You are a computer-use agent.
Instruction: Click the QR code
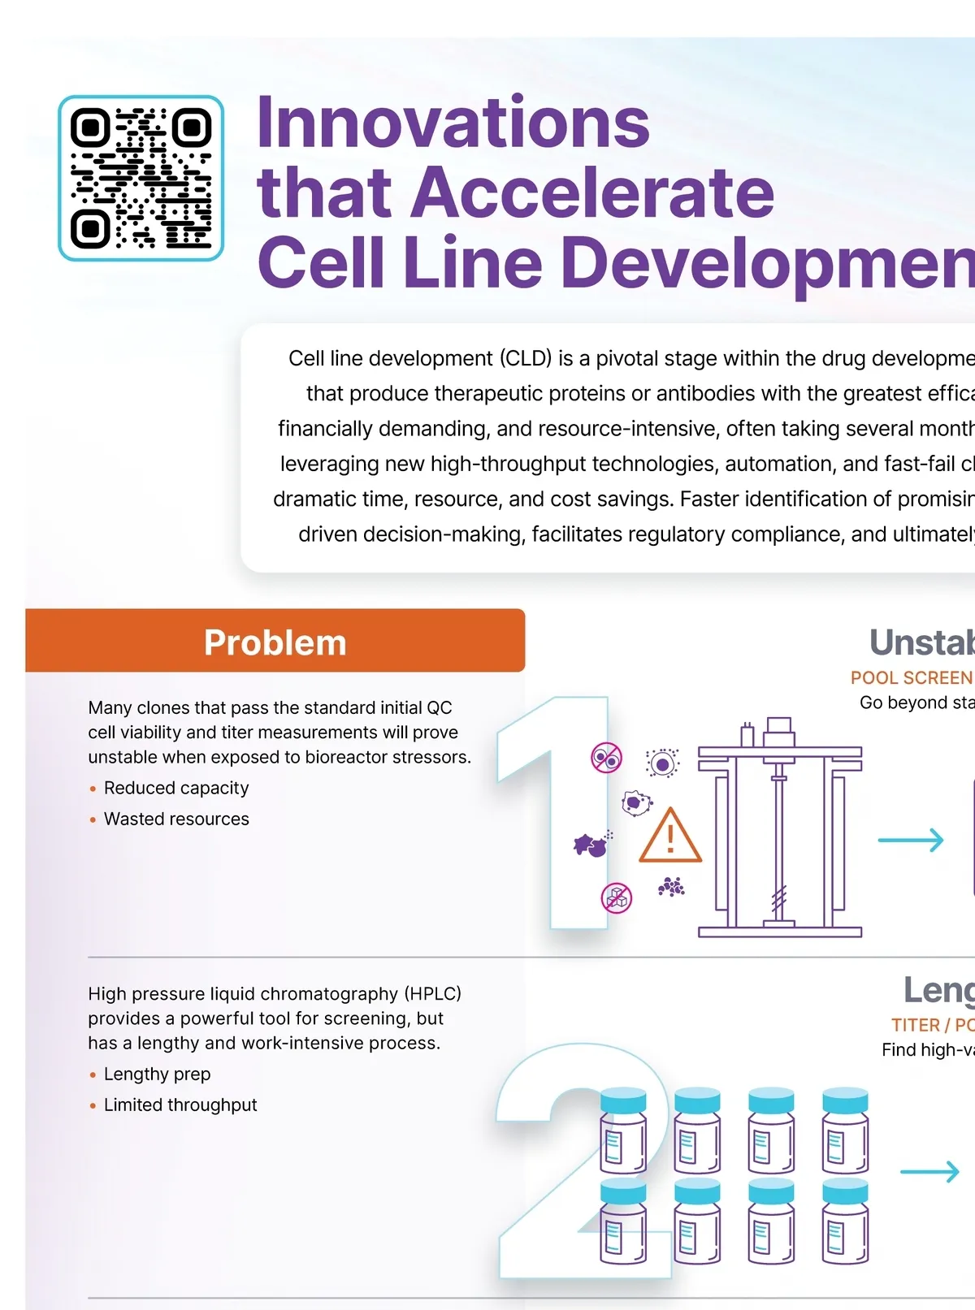[141, 178]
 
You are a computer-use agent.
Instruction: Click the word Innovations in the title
[453, 123]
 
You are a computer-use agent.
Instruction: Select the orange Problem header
[275, 642]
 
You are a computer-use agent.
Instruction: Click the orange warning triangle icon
[669, 836]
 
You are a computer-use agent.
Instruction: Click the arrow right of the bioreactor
[911, 840]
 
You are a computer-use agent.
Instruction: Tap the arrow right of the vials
[929, 1171]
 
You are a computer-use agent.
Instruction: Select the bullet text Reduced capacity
[176, 788]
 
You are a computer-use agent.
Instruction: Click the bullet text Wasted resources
[176, 819]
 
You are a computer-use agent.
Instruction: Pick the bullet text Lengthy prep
[157, 1074]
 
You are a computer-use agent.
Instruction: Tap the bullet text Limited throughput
[180, 1105]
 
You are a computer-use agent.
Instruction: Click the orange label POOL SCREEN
[911, 677]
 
